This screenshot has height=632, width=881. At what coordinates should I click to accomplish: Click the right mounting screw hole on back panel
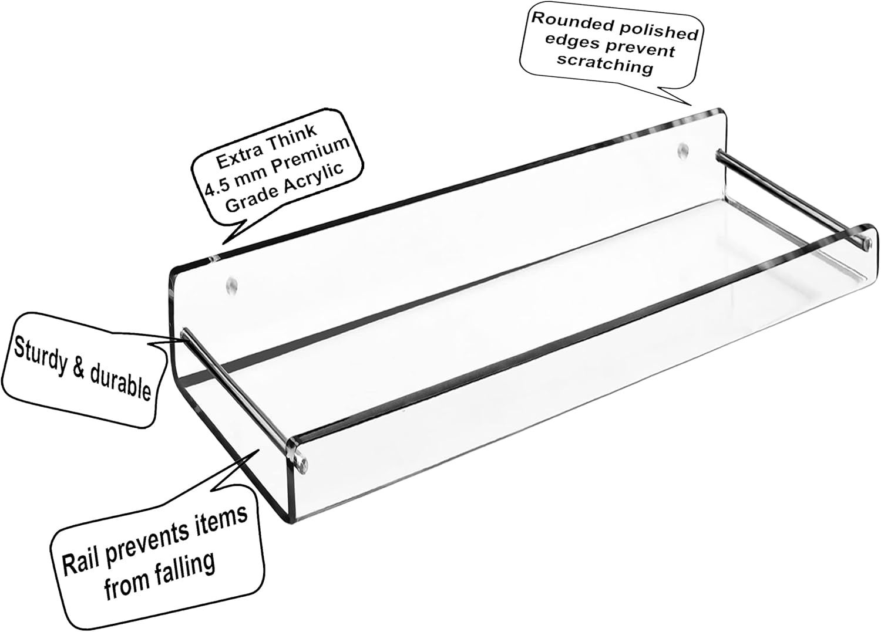(x=682, y=150)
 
